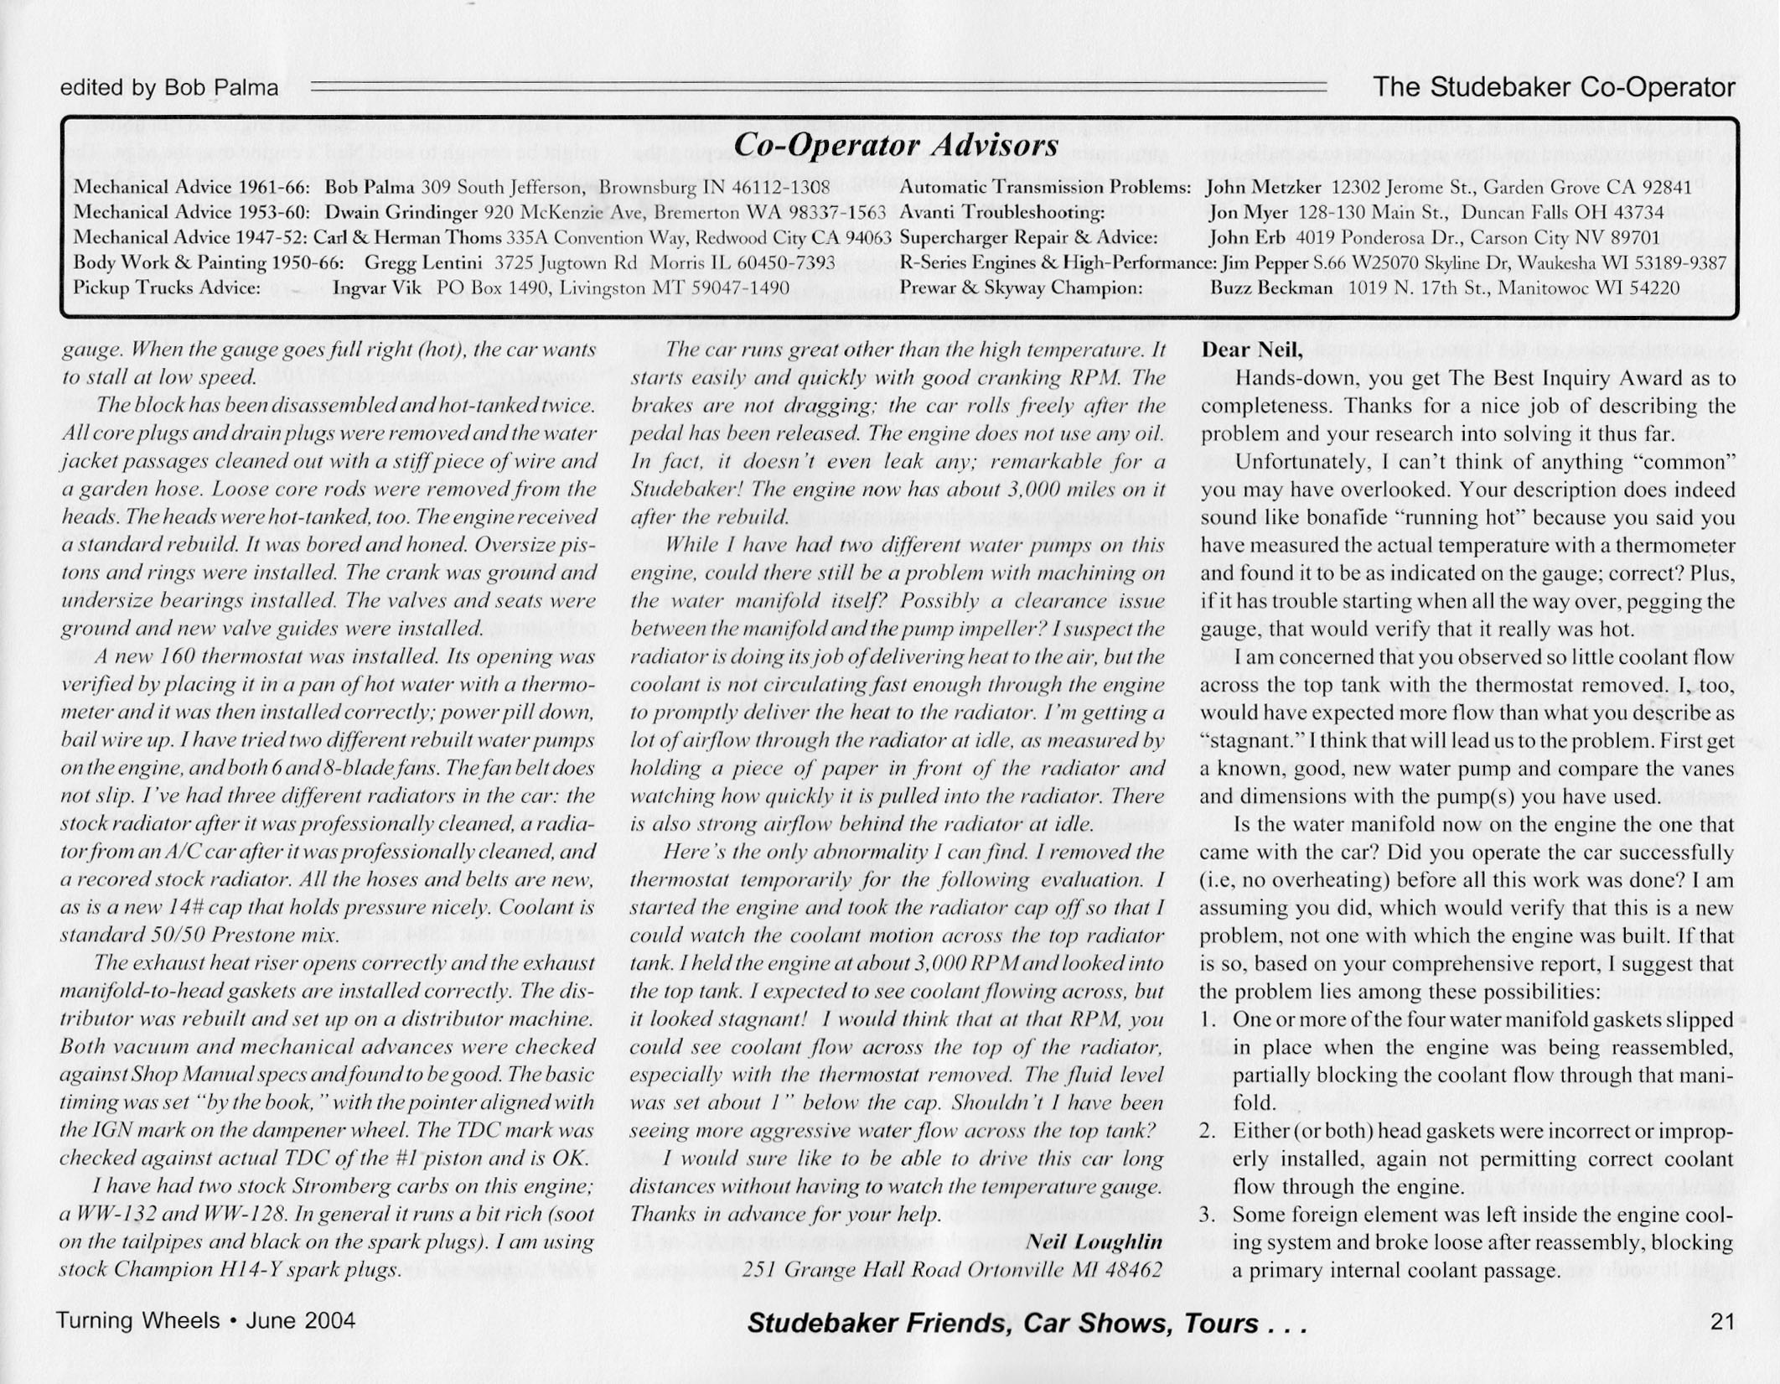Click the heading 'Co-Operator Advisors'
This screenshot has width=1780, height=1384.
coord(895,146)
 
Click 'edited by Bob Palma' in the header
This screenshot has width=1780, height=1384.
coord(169,87)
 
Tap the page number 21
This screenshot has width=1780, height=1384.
coord(1721,1322)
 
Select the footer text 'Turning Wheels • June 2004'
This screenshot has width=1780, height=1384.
coord(205,1320)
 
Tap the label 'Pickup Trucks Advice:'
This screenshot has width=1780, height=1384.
coord(168,288)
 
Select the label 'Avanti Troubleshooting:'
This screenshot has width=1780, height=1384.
coord(1001,213)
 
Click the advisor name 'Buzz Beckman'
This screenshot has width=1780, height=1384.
coord(1270,288)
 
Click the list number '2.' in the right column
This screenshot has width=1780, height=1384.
coord(1207,1131)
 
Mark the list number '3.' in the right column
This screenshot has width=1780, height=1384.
coord(1207,1215)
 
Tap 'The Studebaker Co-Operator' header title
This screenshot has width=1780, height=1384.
coord(1554,87)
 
